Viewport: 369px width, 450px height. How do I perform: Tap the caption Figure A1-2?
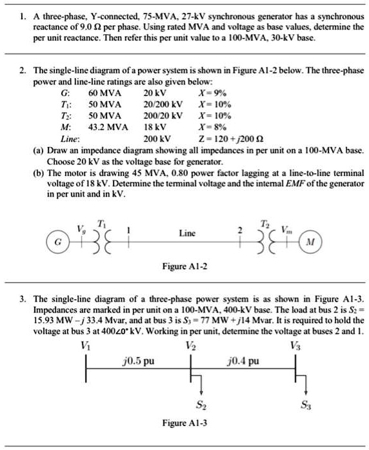click(184, 267)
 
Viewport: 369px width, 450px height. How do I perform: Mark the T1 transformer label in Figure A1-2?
click(102, 222)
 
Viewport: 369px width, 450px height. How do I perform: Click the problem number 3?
click(23, 299)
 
